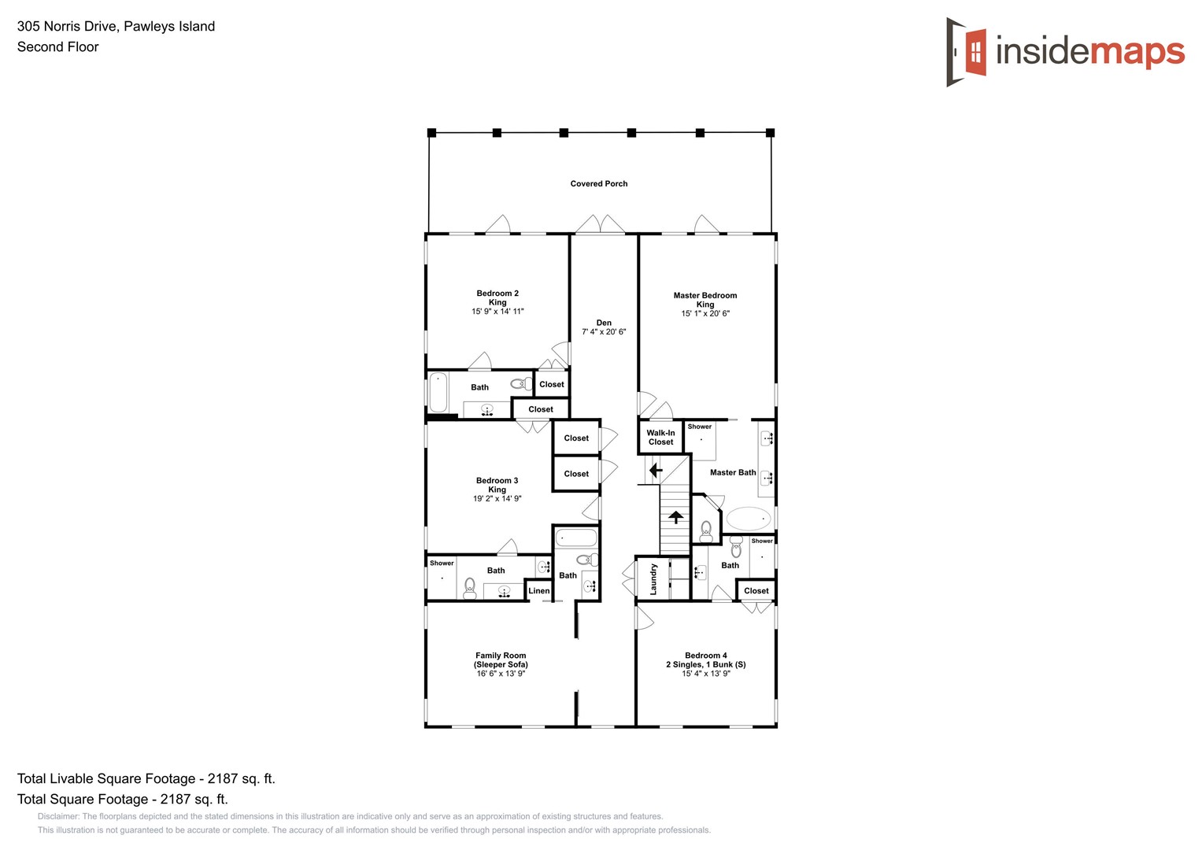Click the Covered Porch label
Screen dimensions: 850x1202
coord(599,183)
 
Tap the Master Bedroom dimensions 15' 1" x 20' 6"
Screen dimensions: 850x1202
coord(705,313)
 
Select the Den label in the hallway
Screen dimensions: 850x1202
coord(604,323)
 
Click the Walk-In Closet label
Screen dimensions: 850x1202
coord(660,438)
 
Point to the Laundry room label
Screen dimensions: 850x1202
coord(653,578)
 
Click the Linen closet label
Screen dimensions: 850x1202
coord(539,591)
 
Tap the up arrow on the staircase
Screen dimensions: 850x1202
coord(675,517)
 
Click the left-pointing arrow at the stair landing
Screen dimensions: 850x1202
coord(655,471)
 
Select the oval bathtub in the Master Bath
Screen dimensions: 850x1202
coord(748,519)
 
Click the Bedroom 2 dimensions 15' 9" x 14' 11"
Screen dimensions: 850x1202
coord(497,312)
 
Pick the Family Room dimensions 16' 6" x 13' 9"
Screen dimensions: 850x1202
coord(501,674)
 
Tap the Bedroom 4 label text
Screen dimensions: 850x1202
coord(706,656)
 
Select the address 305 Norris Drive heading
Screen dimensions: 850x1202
coord(116,26)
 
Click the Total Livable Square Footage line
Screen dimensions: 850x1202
coord(146,778)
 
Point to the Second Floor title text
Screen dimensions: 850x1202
coord(58,46)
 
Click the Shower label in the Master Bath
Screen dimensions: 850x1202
coord(700,427)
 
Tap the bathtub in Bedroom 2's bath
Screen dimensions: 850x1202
coord(438,392)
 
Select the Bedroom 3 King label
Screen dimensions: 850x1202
coord(497,485)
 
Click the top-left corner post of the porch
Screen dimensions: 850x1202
coord(431,133)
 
